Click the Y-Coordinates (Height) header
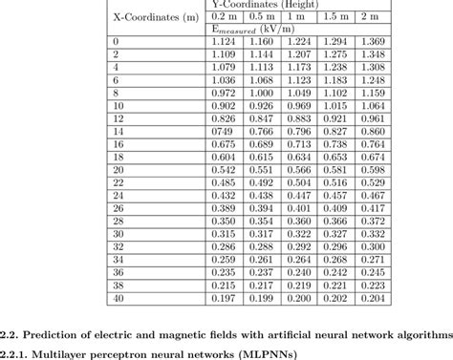(296, 5)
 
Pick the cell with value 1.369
(374, 43)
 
